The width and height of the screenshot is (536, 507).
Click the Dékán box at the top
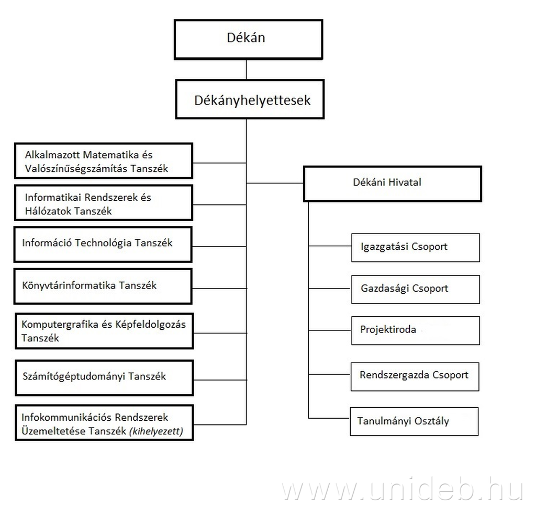248,39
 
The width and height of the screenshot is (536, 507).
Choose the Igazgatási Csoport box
415,247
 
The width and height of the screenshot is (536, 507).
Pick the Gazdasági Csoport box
415,289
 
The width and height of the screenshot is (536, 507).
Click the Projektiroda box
415,330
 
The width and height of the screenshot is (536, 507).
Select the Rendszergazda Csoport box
415,375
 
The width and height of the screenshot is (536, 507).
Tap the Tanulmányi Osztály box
414,421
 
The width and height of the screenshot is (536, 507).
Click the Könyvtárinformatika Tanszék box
103,286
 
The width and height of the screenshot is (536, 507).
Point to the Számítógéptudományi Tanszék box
104,376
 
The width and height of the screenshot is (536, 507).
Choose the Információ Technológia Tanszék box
103,244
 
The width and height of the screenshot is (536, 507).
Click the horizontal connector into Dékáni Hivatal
275,183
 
